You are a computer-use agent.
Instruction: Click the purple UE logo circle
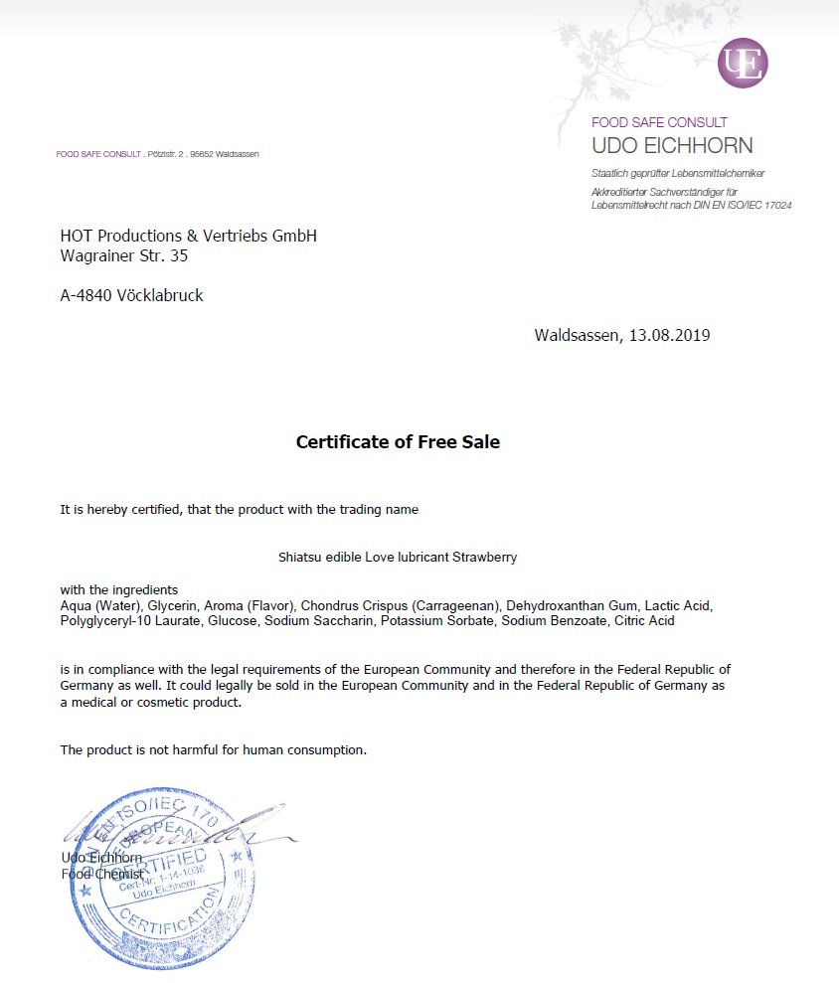[x=743, y=63]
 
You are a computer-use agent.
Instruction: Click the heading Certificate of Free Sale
[x=398, y=442]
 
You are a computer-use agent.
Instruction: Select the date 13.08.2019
[x=669, y=335]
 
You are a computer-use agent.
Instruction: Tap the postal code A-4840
[x=86, y=295]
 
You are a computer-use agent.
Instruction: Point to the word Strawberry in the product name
[x=485, y=558]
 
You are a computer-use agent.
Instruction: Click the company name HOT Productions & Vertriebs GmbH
[x=188, y=236]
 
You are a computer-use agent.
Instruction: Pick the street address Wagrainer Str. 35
[x=124, y=255]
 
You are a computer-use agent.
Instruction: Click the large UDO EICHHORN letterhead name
[x=672, y=146]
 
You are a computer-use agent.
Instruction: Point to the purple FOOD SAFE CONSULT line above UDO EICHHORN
[x=659, y=122]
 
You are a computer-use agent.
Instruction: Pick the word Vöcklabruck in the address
[x=158, y=295]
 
